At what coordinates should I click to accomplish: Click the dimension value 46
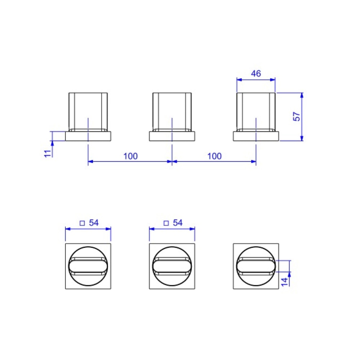[x=256, y=73]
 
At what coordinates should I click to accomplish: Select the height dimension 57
[x=296, y=117]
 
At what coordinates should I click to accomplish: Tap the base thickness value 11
[x=47, y=154]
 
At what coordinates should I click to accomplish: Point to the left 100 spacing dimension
[x=130, y=156]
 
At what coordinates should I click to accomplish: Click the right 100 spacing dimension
[x=215, y=156]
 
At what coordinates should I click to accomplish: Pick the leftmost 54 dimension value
[x=94, y=223]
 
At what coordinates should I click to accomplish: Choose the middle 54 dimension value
[x=178, y=223]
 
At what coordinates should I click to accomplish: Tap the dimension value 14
[x=284, y=282]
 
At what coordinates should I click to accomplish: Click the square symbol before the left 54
[x=82, y=223]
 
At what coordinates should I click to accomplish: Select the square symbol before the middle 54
[x=166, y=223]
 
